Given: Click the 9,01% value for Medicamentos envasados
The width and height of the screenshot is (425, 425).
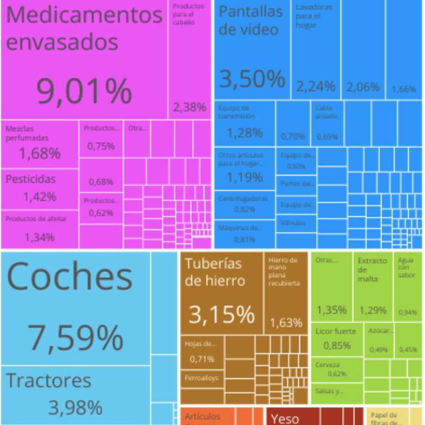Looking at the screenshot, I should pos(84,92).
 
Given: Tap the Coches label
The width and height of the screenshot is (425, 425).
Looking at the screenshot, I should pos(69,277).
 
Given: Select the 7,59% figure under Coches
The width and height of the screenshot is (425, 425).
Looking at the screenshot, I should pos(75,338).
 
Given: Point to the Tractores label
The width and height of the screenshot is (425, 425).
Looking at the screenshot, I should pos(49,381).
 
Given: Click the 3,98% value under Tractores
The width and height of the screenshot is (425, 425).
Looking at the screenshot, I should pos(75,408).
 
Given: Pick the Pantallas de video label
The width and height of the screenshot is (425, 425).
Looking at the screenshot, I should pos(250,20).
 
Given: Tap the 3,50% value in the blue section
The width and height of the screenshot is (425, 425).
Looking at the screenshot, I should pos(252,79).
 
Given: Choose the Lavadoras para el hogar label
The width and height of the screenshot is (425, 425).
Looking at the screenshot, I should pos(313,16).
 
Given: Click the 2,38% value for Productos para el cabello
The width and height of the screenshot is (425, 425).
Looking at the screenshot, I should pos(189,107).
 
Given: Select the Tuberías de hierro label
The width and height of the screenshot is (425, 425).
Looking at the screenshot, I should pos(215,272).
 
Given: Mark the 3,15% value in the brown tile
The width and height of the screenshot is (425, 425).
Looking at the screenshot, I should pos(221,314).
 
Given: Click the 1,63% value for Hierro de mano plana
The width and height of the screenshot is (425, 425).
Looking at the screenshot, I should pos(286,323).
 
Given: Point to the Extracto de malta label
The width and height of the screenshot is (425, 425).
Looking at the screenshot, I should pos(371,269).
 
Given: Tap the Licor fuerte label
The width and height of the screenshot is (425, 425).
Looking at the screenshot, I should pos(336,331).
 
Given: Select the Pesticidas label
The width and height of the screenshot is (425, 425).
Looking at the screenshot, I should pos(30,179).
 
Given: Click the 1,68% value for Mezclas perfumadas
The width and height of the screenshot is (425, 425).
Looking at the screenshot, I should pos(40,153).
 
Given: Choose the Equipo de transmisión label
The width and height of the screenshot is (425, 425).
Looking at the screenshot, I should pos(236,112).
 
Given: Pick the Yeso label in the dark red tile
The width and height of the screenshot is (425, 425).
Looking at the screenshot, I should pos(285,419).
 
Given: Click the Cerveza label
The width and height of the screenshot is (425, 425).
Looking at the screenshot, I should pos(328,365).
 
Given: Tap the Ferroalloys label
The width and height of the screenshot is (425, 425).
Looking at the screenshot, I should pos(201,379).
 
